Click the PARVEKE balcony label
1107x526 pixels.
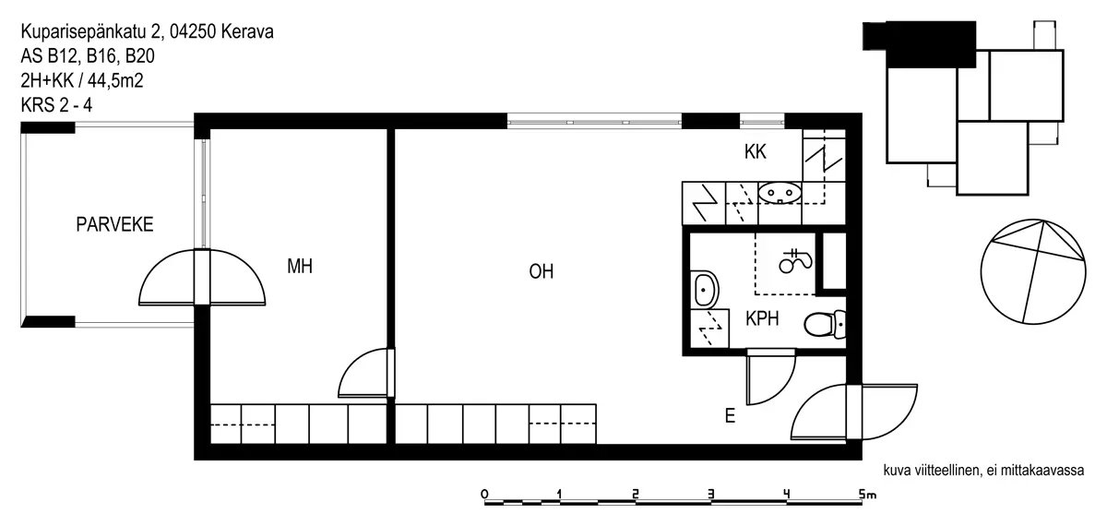[114, 224]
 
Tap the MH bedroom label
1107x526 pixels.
[300, 267]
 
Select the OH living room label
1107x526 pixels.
[542, 271]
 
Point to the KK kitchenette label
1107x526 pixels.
[756, 151]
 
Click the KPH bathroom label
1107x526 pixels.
[762, 319]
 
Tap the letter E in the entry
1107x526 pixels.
[730, 416]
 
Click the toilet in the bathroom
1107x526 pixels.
[825, 324]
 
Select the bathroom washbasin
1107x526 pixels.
[704, 289]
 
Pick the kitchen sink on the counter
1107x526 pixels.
[780, 193]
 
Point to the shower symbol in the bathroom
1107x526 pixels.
[795, 260]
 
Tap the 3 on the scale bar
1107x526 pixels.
[710, 494]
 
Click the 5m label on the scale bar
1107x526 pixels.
[867, 494]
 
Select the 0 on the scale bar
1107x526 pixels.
[484, 494]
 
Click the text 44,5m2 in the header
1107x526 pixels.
[115, 80]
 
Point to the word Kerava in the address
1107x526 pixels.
[247, 31]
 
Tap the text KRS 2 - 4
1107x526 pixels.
[56, 105]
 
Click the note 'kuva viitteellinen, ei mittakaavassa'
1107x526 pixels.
[983, 470]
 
